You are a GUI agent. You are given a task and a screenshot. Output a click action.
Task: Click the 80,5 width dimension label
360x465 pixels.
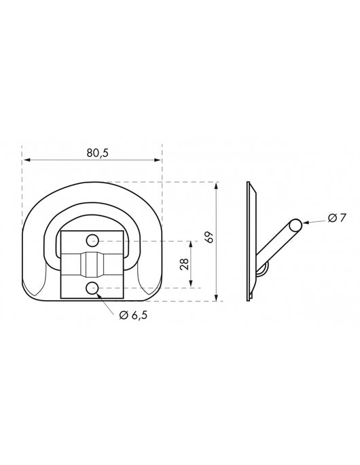(98, 153)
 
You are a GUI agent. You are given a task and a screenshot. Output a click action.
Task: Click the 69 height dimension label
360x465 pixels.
(210, 237)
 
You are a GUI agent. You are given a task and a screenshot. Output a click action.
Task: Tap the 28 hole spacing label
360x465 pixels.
(184, 264)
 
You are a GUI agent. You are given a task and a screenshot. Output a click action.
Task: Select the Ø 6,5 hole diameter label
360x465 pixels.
(133, 315)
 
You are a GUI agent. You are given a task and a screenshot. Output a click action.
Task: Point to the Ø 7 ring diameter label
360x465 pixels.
(337, 218)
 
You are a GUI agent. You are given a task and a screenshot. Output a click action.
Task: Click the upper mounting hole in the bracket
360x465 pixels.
(92, 240)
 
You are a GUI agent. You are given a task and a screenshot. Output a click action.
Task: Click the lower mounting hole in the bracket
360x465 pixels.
(92, 288)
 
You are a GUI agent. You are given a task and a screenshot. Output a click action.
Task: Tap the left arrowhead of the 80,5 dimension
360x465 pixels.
(27, 160)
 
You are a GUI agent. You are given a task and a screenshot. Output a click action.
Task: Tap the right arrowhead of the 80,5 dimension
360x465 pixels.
(157, 160)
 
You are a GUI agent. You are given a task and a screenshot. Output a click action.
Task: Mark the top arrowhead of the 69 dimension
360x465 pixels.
(217, 187)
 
